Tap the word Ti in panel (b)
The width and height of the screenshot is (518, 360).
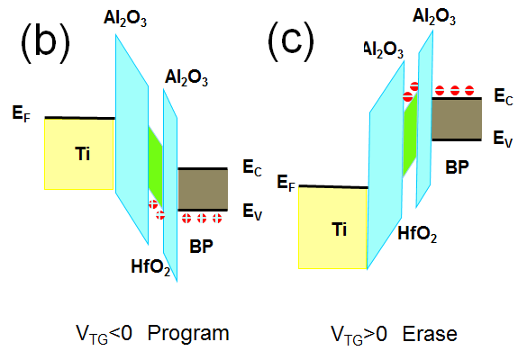tap(82, 154)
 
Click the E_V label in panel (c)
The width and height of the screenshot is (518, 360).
tap(499, 139)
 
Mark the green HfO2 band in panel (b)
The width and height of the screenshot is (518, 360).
tap(156, 163)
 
